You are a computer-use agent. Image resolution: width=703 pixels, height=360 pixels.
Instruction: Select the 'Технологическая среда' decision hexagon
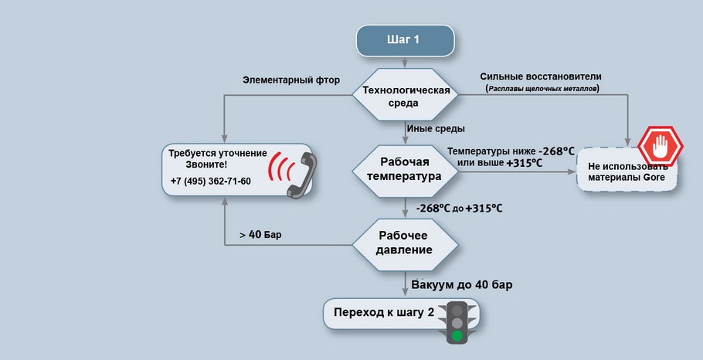[x=406, y=97]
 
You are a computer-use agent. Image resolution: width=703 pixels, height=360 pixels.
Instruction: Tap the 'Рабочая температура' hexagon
[x=405, y=169]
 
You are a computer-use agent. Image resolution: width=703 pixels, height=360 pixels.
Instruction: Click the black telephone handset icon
[x=301, y=175]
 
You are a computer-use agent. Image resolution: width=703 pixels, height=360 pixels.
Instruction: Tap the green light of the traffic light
[x=457, y=335]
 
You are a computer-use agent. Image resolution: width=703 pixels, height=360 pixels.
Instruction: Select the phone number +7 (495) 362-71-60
[x=211, y=182]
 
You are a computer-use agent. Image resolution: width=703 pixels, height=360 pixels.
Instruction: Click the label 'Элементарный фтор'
[x=291, y=80]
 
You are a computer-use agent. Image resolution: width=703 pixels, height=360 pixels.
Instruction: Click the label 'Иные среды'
[x=440, y=128]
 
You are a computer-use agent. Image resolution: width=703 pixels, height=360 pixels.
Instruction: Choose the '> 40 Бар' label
[x=260, y=234]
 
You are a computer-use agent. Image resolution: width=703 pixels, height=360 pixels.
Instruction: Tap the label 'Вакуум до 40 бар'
[x=462, y=285]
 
